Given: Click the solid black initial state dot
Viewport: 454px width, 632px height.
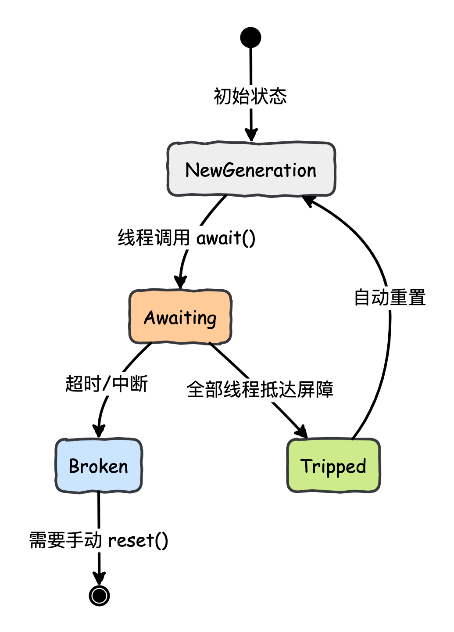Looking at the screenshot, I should (250, 37).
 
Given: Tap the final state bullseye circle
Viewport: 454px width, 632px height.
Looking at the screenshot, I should (99, 596).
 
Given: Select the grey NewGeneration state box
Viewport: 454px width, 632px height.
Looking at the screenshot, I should (251, 169).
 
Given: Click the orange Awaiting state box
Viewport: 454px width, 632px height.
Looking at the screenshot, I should (180, 317).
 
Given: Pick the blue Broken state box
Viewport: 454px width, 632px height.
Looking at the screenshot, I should (99, 466).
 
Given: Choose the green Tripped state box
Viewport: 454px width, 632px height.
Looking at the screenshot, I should (333, 466).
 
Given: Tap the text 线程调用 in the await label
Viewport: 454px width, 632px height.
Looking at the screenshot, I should (154, 238).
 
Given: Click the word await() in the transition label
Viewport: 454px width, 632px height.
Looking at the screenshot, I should (225, 238).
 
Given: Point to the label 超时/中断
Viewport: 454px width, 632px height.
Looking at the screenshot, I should (107, 384).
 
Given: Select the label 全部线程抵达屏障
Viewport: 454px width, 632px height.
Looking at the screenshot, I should (260, 389).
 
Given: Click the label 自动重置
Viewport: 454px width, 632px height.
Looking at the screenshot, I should (390, 297).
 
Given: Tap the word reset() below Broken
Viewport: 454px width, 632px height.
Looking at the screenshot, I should (138, 540).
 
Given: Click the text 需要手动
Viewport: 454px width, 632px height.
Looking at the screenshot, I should (66, 540).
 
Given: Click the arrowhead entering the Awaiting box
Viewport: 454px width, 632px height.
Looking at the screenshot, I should (180, 282).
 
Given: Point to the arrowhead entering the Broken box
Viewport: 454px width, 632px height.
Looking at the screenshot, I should (99, 431).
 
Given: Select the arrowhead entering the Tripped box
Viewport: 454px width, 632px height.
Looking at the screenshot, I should (302, 432).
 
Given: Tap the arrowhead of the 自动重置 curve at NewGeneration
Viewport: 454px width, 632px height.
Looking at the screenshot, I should (309, 200).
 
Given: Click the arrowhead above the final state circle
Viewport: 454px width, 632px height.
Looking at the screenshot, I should (99, 578).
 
